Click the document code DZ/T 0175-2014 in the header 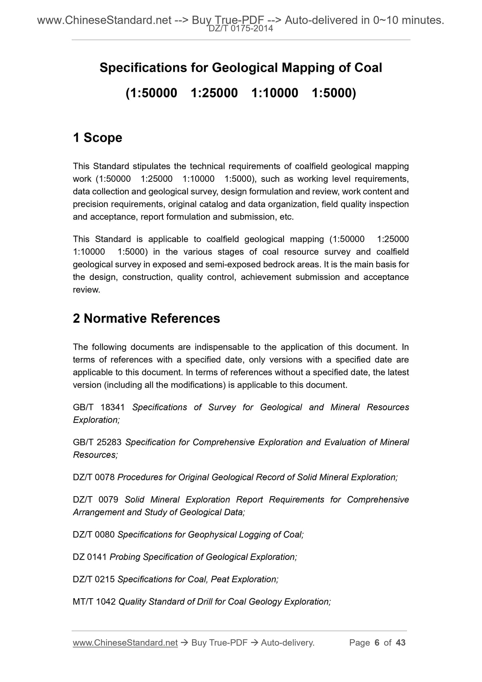point(240,29)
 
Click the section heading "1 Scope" point(97,138)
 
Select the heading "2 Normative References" point(146,319)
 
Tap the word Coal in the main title point(368,68)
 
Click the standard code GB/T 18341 point(99,407)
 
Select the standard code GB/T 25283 point(98,442)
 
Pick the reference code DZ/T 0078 point(94,477)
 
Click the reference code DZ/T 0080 point(94,535)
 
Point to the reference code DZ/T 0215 point(94,580)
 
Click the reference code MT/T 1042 point(94,602)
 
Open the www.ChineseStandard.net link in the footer point(125,643)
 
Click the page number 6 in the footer point(377,643)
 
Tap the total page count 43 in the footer point(400,643)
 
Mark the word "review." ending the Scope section point(86,290)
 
